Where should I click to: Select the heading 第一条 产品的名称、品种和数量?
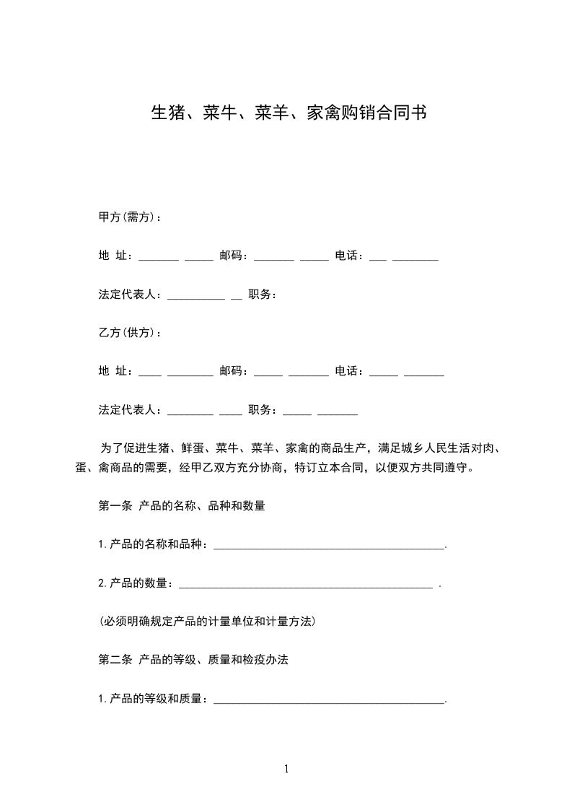pyautogui.click(x=182, y=506)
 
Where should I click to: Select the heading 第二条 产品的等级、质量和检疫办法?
pyautogui.click(x=193, y=660)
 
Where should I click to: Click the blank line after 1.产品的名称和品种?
pyautogui.click(x=330, y=546)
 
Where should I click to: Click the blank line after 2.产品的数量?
pyautogui.click(x=305, y=584)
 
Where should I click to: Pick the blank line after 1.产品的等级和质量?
pyautogui.click(x=330, y=700)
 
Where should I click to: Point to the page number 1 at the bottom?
pyautogui.click(x=286, y=769)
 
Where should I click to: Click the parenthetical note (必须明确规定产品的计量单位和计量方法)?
pyautogui.click(x=208, y=621)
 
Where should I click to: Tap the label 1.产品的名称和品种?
pyautogui.click(x=153, y=545)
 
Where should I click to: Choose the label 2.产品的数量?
pyautogui.click(x=136, y=583)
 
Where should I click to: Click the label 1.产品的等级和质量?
pyautogui.click(x=153, y=699)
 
